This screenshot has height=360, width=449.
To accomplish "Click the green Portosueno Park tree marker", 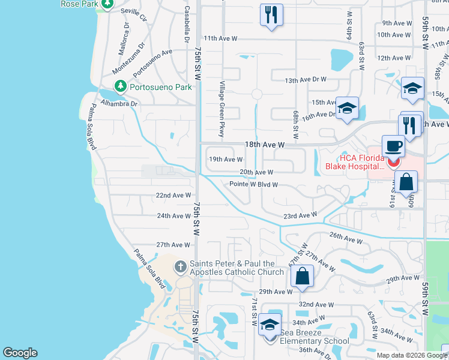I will [x=121, y=86].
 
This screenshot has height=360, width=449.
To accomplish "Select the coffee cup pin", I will [x=393, y=146].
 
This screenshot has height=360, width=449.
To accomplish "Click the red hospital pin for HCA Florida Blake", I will [x=394, y=161].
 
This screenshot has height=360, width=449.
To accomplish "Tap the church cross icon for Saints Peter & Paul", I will [x=180, y=266].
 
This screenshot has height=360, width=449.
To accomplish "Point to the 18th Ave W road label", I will [x=264, y=145].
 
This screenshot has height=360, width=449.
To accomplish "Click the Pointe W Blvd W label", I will [x=253, y=184].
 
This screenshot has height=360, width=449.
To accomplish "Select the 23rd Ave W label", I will [x=300, y=215].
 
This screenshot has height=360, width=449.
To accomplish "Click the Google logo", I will [x=20, y=353].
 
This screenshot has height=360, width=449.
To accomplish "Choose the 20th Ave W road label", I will [x=256, y=172].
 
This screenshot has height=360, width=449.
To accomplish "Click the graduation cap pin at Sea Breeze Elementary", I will [x=270, y=325].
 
